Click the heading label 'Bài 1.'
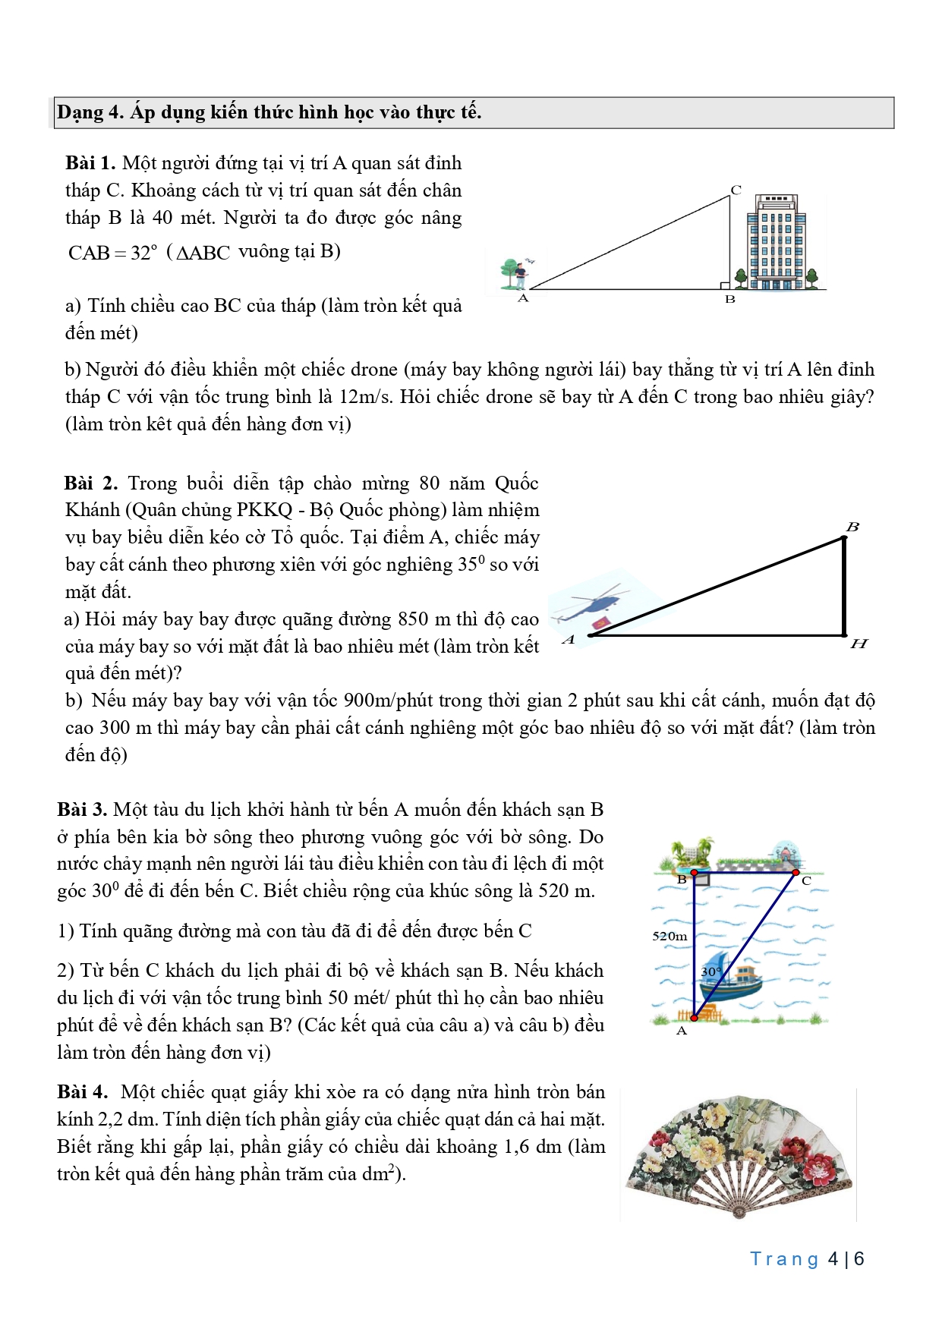[x=90, y=163]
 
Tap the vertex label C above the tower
[x=736, y=190]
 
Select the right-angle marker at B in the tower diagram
[x=726, y=285]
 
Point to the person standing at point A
[x=521, y=275]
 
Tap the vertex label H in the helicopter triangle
[x=859, y=644]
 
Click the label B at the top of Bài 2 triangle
[x=852, y=527]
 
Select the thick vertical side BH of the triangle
[x=844, y=586]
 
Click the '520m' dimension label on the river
[x=669, y=936]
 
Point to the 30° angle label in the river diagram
[x=711, y=971]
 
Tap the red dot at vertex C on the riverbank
[x=796, y=873]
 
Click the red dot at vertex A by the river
[x=694, y=1018]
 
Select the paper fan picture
[x=739, y=1154]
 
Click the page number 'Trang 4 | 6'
[x=807, y=1259]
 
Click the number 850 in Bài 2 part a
[x=413, y=619]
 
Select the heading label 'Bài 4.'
[x=82, y=1092]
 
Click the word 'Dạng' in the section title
[x=80, y=112]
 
